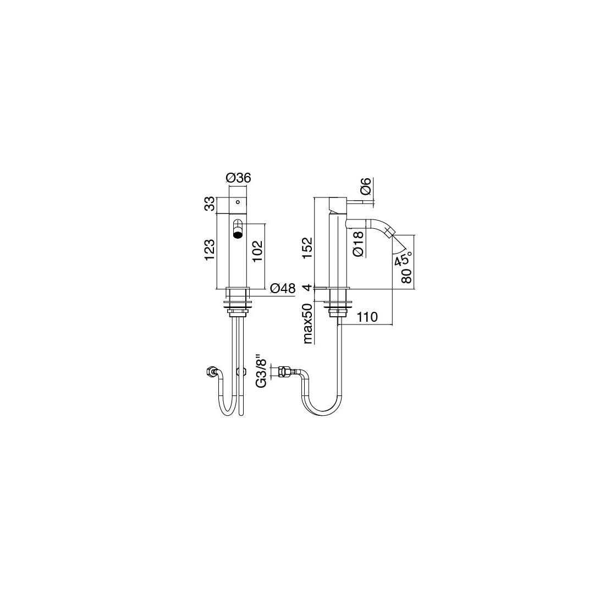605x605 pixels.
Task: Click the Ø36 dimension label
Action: coord(239,178)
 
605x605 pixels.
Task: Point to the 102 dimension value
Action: coord(258,251)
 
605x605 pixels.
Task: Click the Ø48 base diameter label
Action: coord(283,288)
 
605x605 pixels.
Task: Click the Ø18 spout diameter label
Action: coord(358,244)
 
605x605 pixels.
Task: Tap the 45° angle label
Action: coord(403,258)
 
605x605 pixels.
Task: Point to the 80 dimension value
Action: coord(406,276)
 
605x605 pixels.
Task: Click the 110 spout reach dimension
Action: coord(367,317)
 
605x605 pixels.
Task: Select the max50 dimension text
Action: coord(307,324)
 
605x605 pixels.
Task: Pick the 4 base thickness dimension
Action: coord(307,288)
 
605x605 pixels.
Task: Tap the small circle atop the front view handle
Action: coord(238,201)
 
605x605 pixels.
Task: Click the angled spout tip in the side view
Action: coord(389,232)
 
